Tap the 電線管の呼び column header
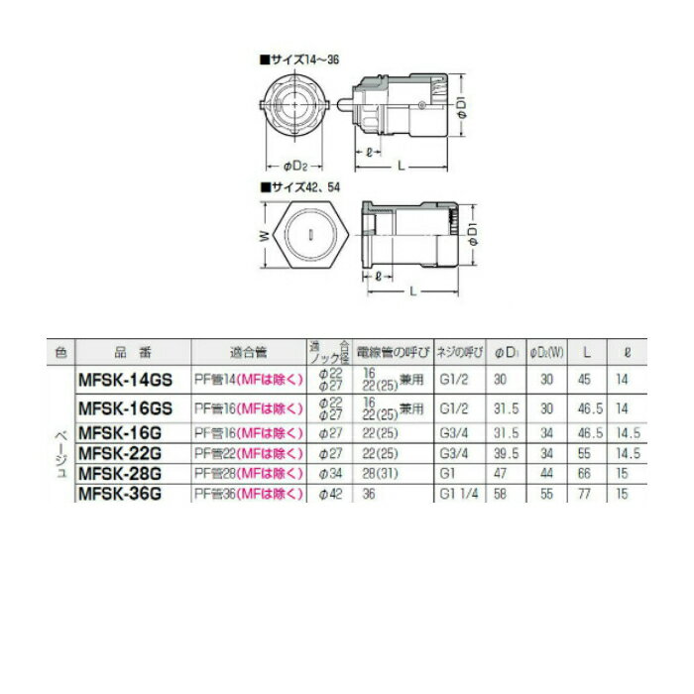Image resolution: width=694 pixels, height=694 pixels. point(394,351)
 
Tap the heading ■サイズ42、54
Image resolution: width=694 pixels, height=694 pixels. point(297,184)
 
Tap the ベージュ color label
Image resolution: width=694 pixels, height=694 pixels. point(61,453)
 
